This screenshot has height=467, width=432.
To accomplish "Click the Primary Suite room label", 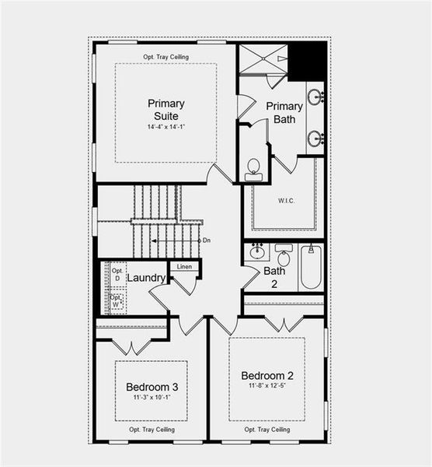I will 165,109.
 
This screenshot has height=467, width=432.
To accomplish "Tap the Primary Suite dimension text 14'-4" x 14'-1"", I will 165,126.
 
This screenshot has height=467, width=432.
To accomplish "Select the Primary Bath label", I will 284,112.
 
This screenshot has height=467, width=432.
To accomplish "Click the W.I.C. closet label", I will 286,200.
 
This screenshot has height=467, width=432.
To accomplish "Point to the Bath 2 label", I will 274,277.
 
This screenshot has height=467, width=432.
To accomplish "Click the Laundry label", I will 145,278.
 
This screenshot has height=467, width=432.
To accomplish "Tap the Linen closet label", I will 184,267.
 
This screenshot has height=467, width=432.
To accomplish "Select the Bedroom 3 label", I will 152,387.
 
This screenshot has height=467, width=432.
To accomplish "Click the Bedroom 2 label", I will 267,375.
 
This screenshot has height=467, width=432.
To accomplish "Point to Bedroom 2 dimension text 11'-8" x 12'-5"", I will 267,386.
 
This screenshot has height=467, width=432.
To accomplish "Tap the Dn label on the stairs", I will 207,241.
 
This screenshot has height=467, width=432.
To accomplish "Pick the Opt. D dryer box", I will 117,273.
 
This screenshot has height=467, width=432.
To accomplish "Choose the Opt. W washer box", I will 117,301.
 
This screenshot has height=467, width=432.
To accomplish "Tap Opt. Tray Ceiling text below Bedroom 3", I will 152,429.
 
